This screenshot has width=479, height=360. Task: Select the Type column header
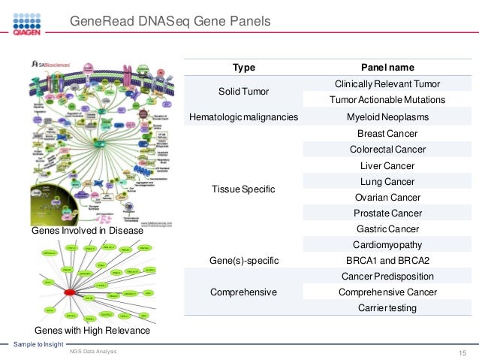pyautogui.click(x=244, y=67)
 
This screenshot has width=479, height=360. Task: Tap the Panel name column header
pyautogui.click(x=387, y=67)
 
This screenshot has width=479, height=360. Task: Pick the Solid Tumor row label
pyautogui.click(x=244, y=91)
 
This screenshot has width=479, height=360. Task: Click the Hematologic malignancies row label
pyautogui.click(x=244, y=117)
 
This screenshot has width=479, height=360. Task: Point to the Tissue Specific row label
pyautogui.click(x=244, y=189)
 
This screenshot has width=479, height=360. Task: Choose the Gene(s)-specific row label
pyautogui.click(x=244, y=260)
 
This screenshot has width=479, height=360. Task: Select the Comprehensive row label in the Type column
pyautogui.click(x=244, y=292)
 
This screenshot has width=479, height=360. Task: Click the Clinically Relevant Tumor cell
pyautogui.click(x=387, y=83)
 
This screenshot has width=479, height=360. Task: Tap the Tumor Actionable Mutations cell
pyautogui.click(x=387, y=100)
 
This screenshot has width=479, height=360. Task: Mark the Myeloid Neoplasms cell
pyautogui.click(x=387, y=117)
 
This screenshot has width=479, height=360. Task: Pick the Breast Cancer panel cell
pyautogui.click(x=387, y=133)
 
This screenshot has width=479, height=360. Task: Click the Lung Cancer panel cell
pyautogui.click(x=387, y=181)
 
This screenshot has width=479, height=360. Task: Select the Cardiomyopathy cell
pyautogui.click(x=387, y=244)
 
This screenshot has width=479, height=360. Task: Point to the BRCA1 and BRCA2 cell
pyautogui.click(x=387, y=260)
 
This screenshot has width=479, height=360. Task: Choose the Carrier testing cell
pyautogui.click(x=387, y=307)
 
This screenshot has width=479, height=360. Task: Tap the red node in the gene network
pyautogui.click(x=70, y=292)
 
